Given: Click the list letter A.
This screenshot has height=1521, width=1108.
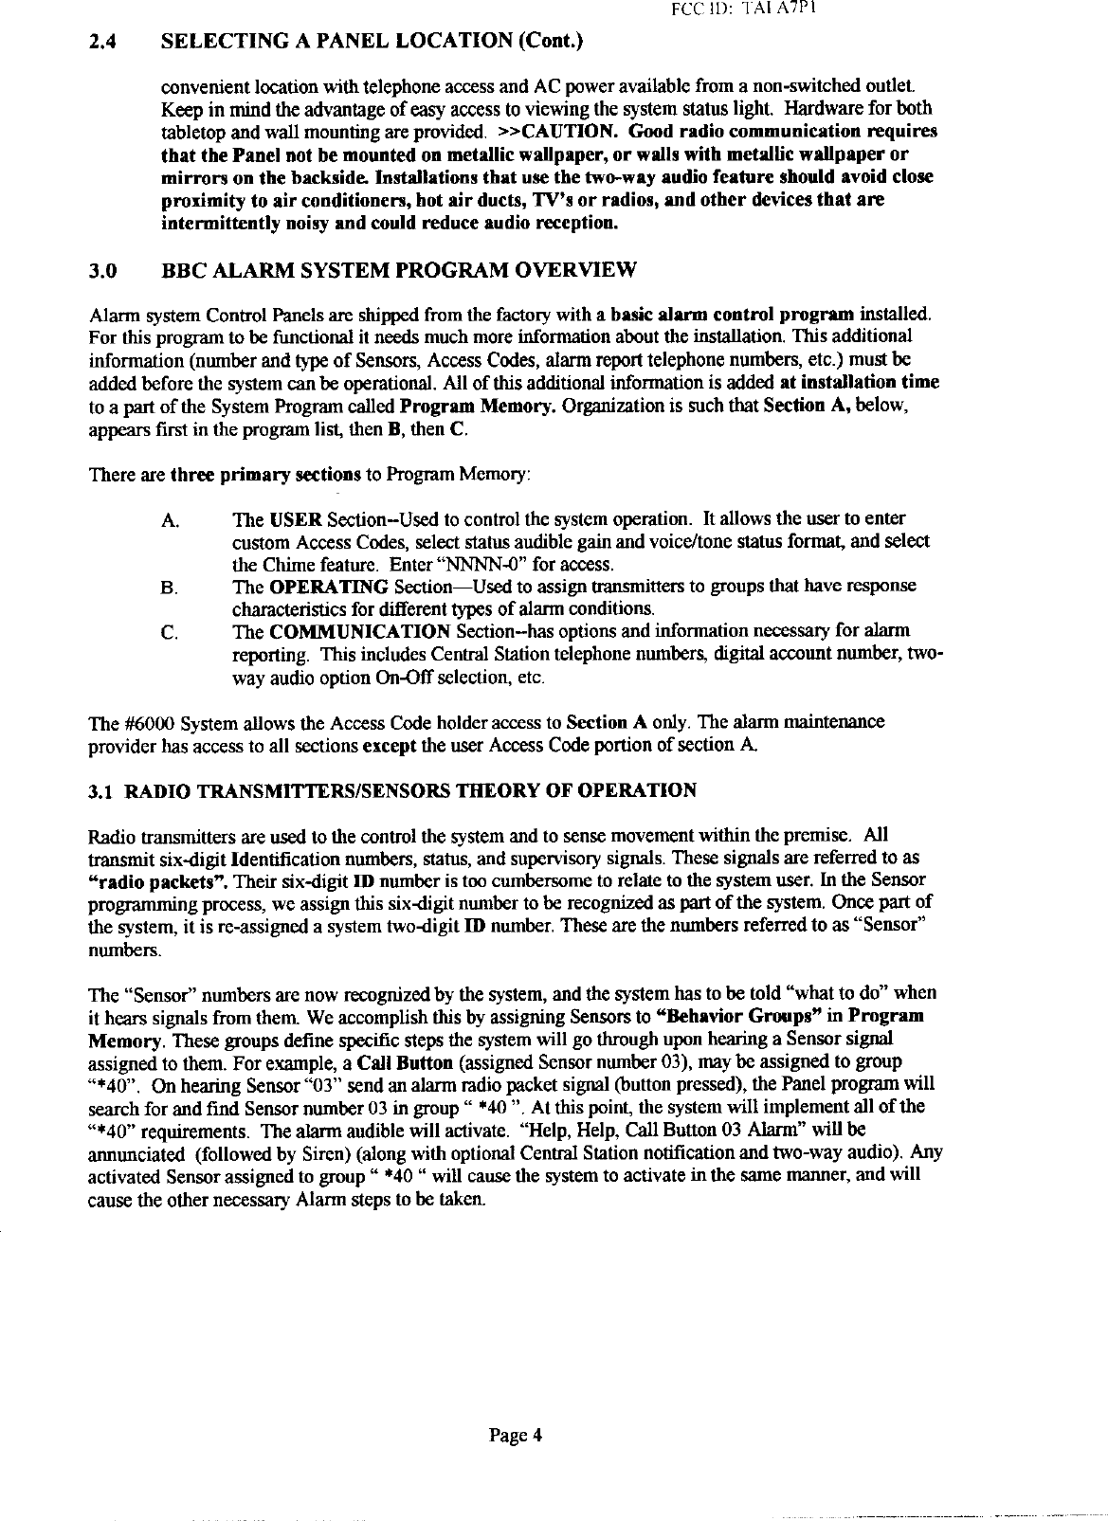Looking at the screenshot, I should (171, 520).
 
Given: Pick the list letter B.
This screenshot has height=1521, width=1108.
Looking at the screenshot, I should (171, 588).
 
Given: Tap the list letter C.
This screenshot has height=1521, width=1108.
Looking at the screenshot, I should (171, 632).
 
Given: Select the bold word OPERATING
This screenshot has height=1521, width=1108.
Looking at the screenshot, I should (329, 587).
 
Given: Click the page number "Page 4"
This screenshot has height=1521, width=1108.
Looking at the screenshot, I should (516, 1435).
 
